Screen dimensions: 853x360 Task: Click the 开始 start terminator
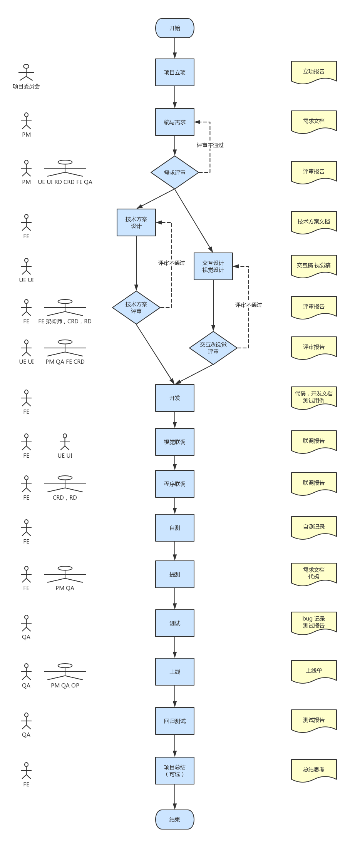(x=174, y=28)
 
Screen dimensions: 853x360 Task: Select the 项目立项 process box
(x=174, y=72)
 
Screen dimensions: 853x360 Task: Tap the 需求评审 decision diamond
(x=174, y=172)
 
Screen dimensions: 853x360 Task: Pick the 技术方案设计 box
(x=136, y=222)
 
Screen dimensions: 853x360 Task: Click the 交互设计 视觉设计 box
(x=213, y=266)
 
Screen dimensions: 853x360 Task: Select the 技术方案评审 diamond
(x=136, y=308)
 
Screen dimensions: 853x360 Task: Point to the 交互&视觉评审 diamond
(x=213, y=348)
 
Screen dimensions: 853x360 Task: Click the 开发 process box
(x=174, y=398)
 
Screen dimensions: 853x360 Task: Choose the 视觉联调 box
(x=174, y=442)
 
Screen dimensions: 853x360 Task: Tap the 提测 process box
(x=174, y=574)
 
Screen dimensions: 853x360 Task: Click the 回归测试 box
(x=174, y=721)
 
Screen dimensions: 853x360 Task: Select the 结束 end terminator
(x=174, y=820)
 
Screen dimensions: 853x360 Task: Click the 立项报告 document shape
(x=314, y=72)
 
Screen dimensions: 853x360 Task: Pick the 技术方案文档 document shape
(x=314, y=222)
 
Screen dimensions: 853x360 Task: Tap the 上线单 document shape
(x=314, y=671)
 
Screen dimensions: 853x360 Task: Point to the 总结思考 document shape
(x=314, y=770)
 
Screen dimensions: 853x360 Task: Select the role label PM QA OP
(x=65, y=686)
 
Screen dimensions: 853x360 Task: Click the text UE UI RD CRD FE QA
(x=65, y=182)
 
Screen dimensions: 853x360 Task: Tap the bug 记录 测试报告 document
(x=314, y=622)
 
